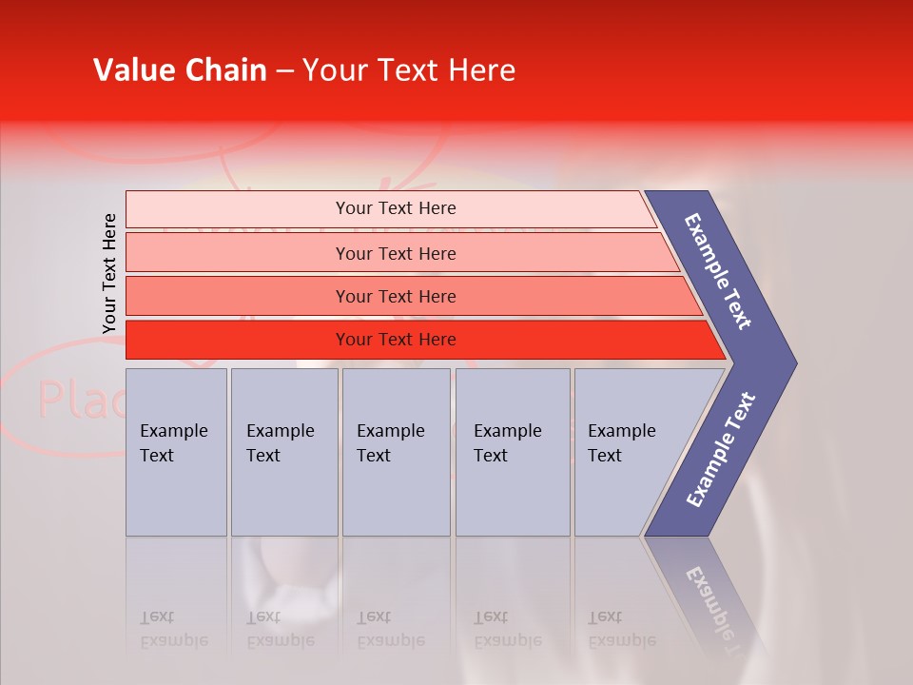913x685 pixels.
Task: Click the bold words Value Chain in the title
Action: (180, 70)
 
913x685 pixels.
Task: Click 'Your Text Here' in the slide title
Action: (409, 70)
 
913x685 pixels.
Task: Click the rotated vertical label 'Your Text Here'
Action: (109, 274)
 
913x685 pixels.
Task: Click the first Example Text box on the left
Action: (176, 452)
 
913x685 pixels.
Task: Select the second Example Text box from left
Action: (283, 452)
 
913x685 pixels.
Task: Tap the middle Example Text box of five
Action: (396, 452)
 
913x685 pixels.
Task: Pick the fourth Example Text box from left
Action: (512, 452)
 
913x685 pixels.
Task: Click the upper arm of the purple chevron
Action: (718, 270)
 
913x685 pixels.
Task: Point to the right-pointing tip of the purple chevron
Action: (791, 362)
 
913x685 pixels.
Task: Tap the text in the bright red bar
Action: (396, 340)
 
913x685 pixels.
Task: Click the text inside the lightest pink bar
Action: (396, 208)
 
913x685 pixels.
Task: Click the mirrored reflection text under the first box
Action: (173, 628)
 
